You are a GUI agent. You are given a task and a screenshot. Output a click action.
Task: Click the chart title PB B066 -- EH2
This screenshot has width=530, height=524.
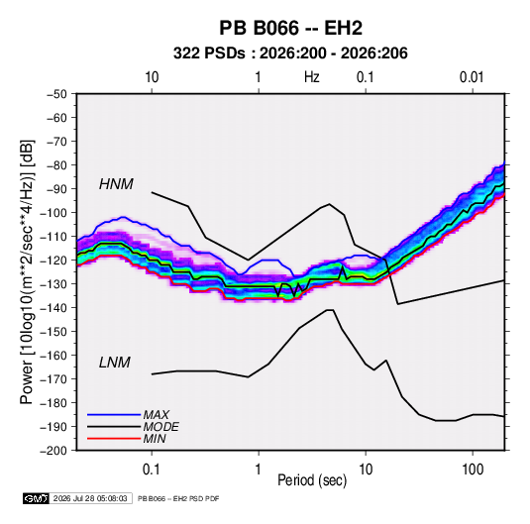pos(290,28)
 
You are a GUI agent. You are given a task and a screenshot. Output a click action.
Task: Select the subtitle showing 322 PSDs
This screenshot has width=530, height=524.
pos(290,53)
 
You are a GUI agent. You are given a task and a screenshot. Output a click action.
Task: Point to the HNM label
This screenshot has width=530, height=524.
pos(116,184)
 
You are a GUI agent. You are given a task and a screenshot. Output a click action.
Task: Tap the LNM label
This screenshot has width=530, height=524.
pos(115,363)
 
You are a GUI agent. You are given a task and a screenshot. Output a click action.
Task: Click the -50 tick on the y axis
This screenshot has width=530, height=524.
pos(56,94)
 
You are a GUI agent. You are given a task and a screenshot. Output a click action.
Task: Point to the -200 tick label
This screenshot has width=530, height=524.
pos(53,451)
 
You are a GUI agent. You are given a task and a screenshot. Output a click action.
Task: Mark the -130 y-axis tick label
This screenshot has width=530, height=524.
pos(53,284)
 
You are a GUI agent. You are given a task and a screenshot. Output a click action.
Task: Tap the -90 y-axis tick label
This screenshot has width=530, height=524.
pos(56,188)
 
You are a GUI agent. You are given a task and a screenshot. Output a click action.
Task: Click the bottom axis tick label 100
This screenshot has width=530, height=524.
pos(473,470)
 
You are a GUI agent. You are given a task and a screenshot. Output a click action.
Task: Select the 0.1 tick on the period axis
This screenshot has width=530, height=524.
pos(152,470)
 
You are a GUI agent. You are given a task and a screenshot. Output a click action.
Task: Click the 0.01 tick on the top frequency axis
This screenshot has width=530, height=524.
pos(472,77)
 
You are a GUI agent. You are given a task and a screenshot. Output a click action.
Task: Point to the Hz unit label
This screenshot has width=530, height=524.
pos(312,77)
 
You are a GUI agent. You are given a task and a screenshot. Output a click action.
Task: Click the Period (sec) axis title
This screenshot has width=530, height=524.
pos(312,480)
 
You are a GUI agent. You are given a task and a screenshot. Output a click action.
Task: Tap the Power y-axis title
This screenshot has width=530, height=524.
pos(27,271)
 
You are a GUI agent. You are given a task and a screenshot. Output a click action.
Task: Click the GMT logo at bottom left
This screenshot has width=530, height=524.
pos(37,498)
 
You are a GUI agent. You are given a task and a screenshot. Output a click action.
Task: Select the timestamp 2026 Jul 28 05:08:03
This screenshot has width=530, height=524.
pos(90,498)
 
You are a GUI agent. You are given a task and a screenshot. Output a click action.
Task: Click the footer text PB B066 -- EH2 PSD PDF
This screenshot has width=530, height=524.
pos(178,498)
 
